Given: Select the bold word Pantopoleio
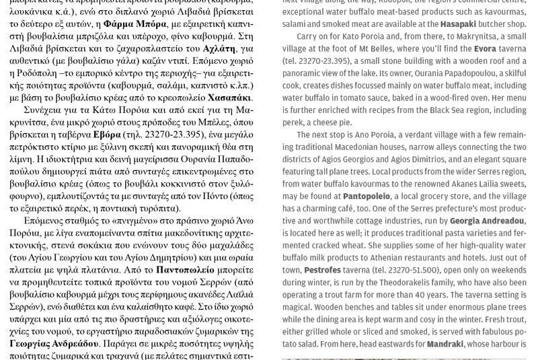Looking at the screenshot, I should click(x=367, y=196).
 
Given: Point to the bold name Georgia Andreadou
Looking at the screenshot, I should click(x=488, y=220).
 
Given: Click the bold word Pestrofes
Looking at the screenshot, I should click(x=322, y=270).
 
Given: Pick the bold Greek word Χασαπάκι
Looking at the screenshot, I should click(x=230, y=97).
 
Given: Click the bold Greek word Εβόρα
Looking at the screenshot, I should click(x=107, y=134).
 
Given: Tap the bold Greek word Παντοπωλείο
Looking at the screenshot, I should click(x=189, y=268).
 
